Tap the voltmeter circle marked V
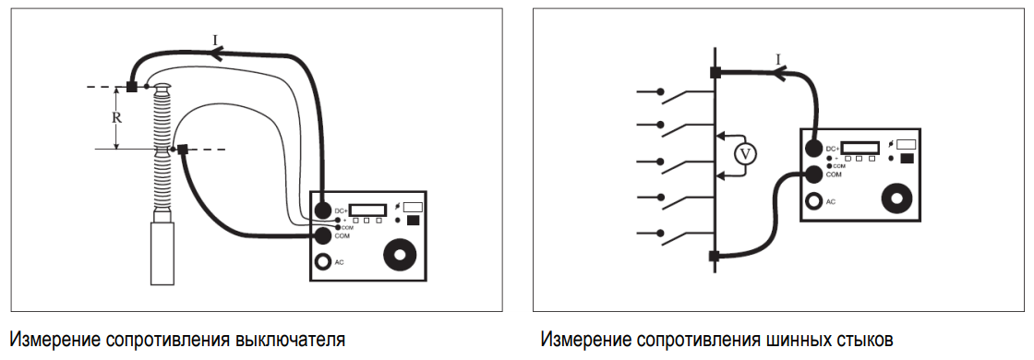coord(745,154)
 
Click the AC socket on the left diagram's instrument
coord(322,262)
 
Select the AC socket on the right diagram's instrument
coord(814,200)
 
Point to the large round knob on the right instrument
coord(897,198)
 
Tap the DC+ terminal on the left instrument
coord(322,210)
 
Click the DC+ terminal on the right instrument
coord(813,149)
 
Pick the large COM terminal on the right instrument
coord(814,174)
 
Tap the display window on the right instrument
coord(860,148)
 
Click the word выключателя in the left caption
coord(290,341)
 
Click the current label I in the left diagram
coord(215,41)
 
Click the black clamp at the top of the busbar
coord(715,73)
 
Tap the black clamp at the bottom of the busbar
coord(715,256)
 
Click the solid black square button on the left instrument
coord(414,221)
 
